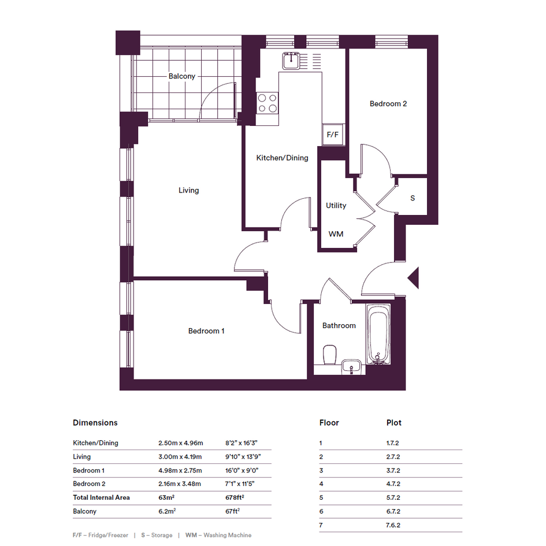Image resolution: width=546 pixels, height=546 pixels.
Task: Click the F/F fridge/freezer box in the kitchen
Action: [333, 135]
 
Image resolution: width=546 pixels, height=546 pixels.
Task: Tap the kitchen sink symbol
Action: [291, 61]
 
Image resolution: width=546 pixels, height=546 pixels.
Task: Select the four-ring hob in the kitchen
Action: [268, 103]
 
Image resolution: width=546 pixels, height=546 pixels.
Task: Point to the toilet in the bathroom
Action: [329, 355]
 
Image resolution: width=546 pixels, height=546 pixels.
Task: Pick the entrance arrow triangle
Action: [413, 278]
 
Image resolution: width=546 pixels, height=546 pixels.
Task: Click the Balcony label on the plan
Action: [182, 76]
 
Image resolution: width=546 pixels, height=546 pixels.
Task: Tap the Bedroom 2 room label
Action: [388, 104]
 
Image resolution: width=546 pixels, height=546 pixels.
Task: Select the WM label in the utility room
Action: [336, 234]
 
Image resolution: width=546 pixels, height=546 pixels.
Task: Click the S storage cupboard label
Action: [413, 198]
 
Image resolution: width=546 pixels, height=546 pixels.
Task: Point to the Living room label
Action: [189, 191]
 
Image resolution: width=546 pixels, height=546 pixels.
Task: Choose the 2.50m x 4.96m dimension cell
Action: [181, 443]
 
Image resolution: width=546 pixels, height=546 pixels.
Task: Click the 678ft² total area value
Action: [235, 497]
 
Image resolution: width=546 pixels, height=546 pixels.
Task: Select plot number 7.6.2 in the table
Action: [393, 525]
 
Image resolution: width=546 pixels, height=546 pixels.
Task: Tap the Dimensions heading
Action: [95, 423]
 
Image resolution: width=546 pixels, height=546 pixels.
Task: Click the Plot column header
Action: [394, 423]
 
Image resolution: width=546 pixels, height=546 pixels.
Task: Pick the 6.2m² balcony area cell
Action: [167, 511]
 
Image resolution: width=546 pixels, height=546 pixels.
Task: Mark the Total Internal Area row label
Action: [101, 497]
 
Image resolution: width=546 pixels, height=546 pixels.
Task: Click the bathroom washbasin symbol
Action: [351, 367]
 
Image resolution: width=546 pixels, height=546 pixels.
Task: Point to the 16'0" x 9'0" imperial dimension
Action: [242, 470]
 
